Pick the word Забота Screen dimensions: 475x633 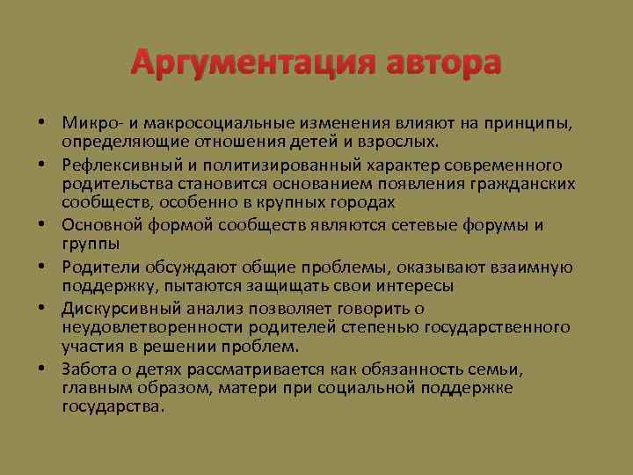tap(88, 370)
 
